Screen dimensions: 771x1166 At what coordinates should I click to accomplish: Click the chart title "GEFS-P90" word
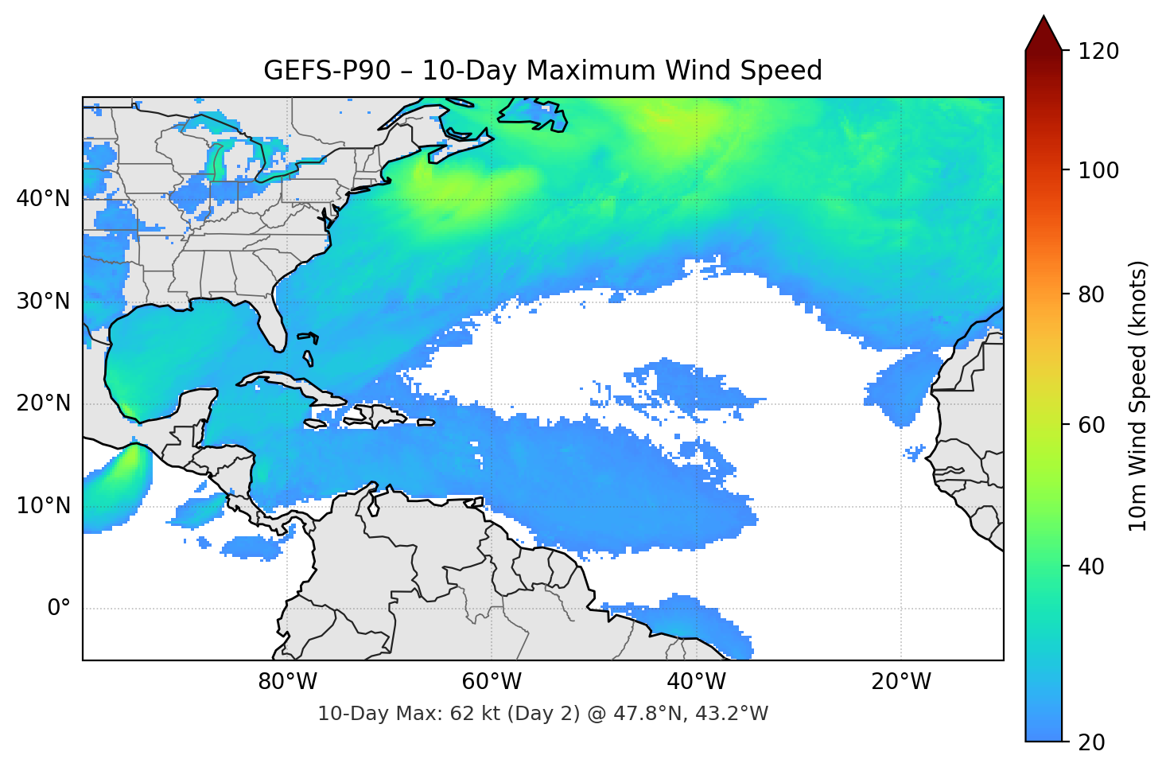[x=327, y=71]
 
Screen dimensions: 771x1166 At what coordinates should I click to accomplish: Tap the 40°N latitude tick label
[x=43, y=198]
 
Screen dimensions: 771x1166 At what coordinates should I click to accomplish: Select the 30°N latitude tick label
[x=43, y=301]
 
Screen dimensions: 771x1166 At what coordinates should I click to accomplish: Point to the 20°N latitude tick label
[x=43, y=403]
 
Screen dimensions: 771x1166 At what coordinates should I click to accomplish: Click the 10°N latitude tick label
[x=43, y=506]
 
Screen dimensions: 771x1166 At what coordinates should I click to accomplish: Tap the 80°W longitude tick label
[x=287, y=682]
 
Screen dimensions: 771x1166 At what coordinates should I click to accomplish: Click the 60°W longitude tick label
[x=492, y=682]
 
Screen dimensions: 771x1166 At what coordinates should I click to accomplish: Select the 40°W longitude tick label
[x=696, y=682]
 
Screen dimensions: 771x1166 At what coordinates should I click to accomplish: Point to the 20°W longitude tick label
[x=900, y=682]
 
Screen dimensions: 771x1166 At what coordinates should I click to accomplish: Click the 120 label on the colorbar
[x=1098, y=51]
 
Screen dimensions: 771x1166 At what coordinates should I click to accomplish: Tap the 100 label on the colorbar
[x=1098, y=170]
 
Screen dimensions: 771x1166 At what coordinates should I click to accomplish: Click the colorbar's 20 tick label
[x=1091, y=742]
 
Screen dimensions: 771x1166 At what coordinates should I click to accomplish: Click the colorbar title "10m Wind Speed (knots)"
[x=1138, y=395]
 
